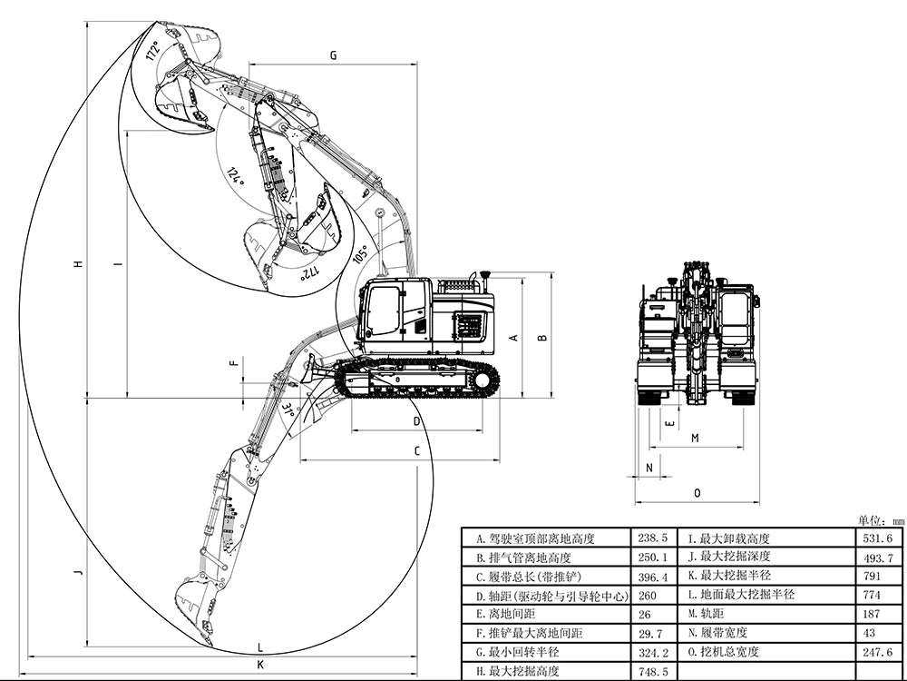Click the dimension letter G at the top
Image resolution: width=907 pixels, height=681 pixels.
pos(333,55)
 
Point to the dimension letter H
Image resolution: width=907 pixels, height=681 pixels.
pos(79,264)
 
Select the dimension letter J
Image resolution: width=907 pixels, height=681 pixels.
pos(79,572)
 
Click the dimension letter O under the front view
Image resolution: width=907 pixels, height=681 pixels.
pos(697,493)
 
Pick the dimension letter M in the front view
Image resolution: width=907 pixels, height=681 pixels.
pos(695,438)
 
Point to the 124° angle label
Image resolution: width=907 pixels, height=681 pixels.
pos(237,175)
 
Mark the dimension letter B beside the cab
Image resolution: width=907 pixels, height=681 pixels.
pos(542,338)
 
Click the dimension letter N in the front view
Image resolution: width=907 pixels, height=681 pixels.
pos(649,468)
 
